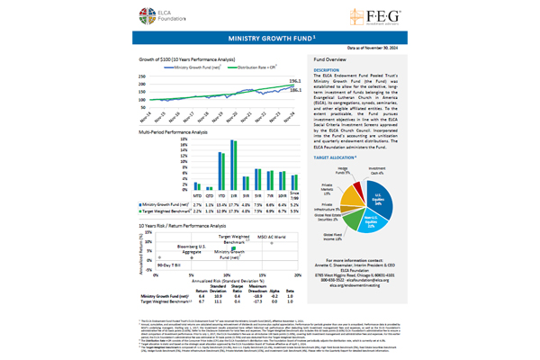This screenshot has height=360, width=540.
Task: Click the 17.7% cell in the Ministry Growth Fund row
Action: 232,179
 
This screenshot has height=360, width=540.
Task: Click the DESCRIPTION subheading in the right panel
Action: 326,69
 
